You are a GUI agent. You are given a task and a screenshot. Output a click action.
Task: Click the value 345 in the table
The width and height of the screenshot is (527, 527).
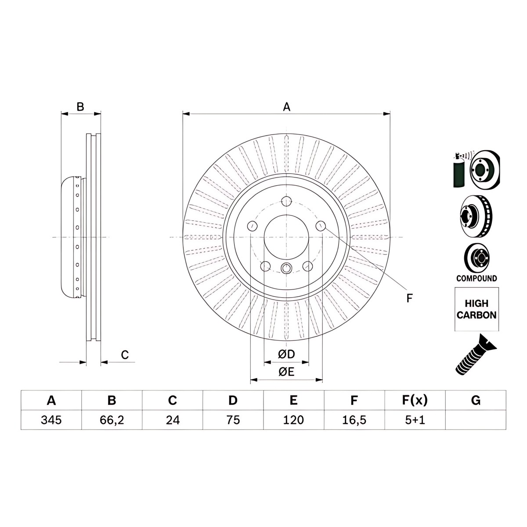pos(51,420)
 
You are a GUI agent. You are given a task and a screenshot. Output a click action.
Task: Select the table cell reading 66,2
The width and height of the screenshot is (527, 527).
pos(112,420)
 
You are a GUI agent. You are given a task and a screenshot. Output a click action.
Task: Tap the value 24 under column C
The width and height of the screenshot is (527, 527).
pos(173,420)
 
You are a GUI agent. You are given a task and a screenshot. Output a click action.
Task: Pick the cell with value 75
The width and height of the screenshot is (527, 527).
pos(233,420)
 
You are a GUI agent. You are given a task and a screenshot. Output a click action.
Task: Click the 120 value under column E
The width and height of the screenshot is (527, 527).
pos(293,420)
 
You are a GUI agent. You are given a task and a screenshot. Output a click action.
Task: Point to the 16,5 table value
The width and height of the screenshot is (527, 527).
pos(354,420)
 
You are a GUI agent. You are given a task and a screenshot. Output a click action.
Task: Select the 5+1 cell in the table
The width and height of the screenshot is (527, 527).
pos(415,420)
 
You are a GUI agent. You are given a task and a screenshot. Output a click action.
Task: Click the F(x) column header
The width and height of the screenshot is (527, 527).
pos(415,401)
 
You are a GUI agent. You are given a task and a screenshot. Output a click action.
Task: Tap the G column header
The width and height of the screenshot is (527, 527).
pos(476,401)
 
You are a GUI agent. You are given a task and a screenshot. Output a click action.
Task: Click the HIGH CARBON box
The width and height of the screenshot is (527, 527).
pos(476,309)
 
